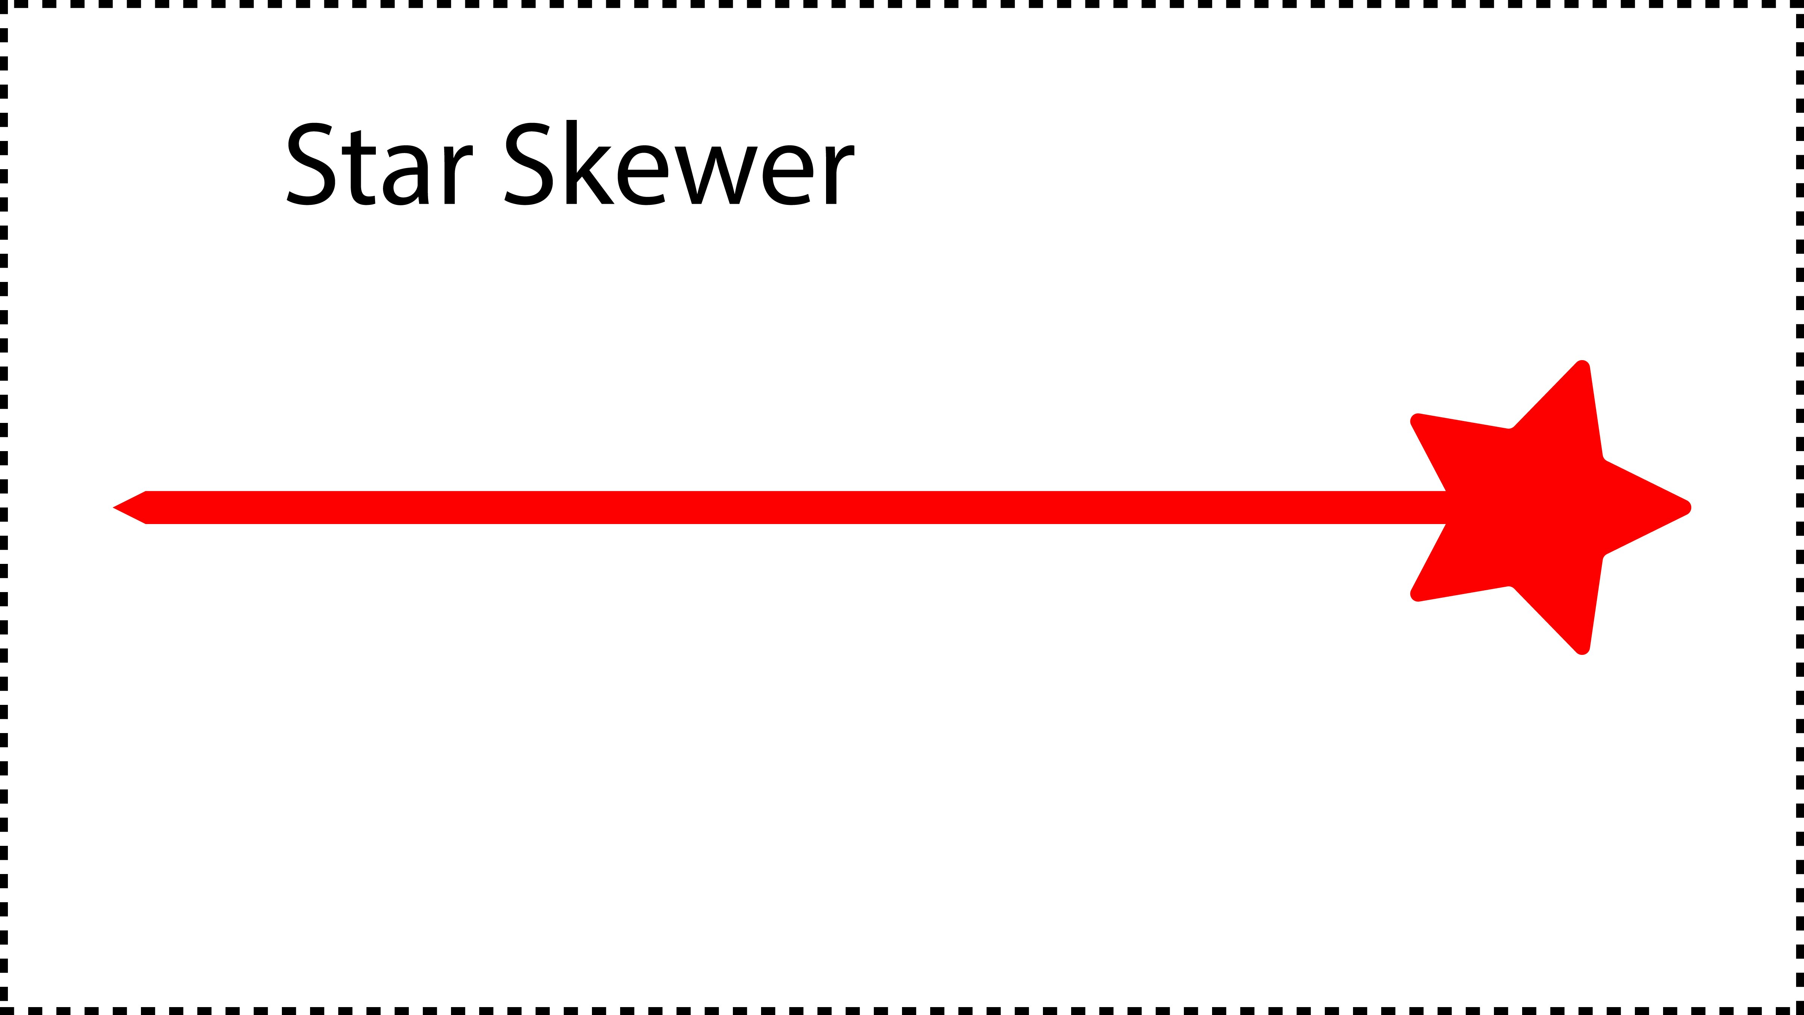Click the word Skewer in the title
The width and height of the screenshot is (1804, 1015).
click(x=679, y=163)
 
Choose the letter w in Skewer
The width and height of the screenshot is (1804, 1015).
click(x=714, y=175)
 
